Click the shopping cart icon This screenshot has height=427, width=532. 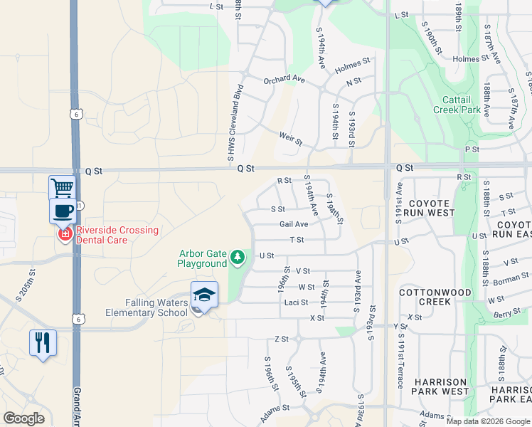pos(62,188)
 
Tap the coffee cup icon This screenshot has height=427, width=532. pos(63,211)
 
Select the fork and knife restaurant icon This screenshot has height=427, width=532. pos(43,343)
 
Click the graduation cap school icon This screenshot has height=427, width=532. pos(204,295)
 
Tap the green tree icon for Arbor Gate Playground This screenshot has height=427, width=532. pos(238,257)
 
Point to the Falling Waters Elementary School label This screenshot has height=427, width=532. pos(147,307)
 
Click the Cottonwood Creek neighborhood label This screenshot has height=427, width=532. pos(435,297)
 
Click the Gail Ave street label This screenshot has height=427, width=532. pos(293,224)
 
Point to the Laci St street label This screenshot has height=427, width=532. pos(296,302)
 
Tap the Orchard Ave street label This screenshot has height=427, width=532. pos(284,80)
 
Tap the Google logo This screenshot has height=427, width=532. pos(23,418)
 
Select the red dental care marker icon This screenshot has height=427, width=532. pos(65,234)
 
